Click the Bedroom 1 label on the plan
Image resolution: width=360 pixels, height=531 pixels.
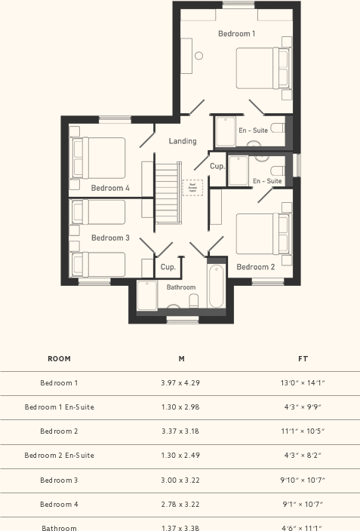[x=236, y=34]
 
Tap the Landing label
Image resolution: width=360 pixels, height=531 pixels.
[x=183, y=141]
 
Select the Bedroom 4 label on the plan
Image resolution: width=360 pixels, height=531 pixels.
[x=110, y=188]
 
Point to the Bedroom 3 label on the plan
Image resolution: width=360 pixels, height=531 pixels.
[x=110, y=238]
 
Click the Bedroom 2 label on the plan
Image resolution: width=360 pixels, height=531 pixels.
[x=256, y=267]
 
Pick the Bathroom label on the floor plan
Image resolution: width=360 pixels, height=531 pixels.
[x=181, y=287]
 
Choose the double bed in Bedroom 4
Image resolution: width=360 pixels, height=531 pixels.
[x=98, y=157]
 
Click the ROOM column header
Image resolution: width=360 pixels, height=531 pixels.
[x=59, y=359]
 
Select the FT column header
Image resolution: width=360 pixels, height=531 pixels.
[x=303, y=359]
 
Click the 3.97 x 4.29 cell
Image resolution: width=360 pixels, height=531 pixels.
[x=180, y=383]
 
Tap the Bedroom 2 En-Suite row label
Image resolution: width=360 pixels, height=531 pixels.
[x=59, y=456]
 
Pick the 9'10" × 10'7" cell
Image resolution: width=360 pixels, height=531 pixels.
[x=303, y=480]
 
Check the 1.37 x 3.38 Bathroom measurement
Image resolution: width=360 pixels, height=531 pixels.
[x=180, y=527]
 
